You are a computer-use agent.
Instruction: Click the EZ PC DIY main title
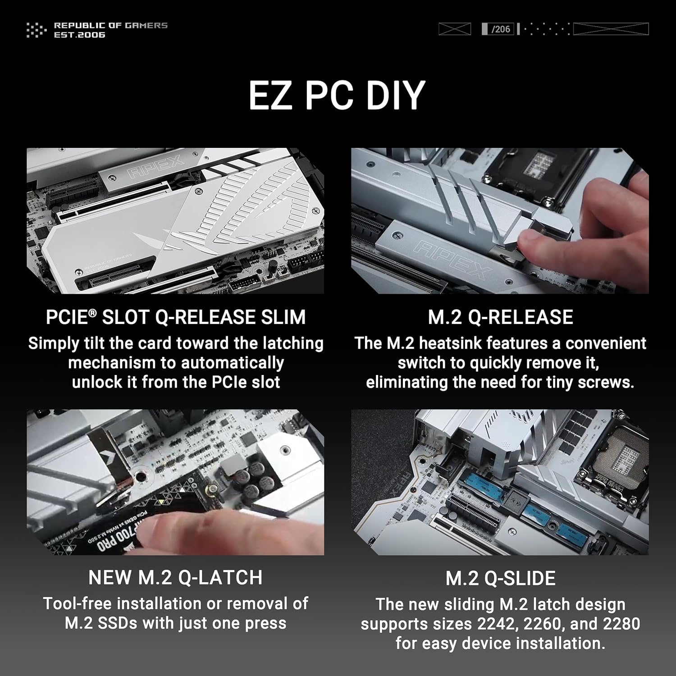click(x=337, y=95)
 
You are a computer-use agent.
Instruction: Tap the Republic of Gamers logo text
click(x=110, y=30)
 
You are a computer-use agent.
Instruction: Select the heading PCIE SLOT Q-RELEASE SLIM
click(x=175, y=317)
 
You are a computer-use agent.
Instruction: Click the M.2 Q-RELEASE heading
click(x=500, y=317)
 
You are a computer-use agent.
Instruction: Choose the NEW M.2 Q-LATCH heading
click(x=175, y=578)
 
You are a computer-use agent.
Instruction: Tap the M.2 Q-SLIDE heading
click(x=500, y=579)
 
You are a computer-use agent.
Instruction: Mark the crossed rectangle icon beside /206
click(x=454, y=29)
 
